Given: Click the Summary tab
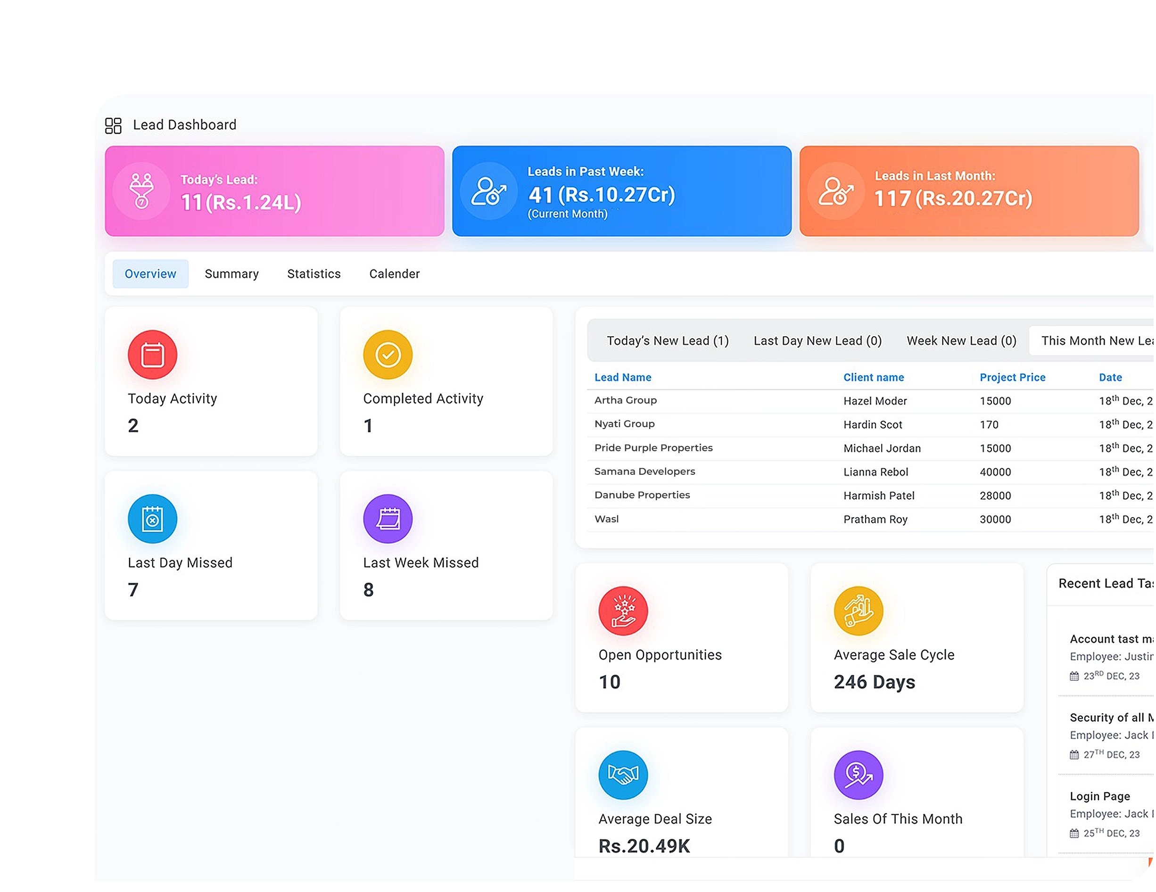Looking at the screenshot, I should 231,274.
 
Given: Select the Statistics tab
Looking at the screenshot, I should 314,274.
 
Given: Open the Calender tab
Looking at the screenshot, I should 394,274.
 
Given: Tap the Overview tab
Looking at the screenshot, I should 150,274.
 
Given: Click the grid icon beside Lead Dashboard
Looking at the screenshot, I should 113,125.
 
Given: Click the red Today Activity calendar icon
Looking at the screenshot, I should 152,355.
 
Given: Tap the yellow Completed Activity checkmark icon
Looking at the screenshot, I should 388,355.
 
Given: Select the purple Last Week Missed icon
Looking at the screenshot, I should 388,519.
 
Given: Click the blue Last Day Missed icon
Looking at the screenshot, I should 152,519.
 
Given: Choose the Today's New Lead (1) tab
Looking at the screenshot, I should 667,340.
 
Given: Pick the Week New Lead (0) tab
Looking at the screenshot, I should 961,340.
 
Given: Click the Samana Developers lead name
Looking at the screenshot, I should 644,471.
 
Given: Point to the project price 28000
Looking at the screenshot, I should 995,496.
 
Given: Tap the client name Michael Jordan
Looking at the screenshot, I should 882,448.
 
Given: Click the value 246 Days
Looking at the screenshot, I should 874,682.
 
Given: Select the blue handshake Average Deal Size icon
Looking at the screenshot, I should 622,775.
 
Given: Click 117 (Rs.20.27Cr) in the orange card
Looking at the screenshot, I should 952,198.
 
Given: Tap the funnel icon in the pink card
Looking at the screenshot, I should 141,190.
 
